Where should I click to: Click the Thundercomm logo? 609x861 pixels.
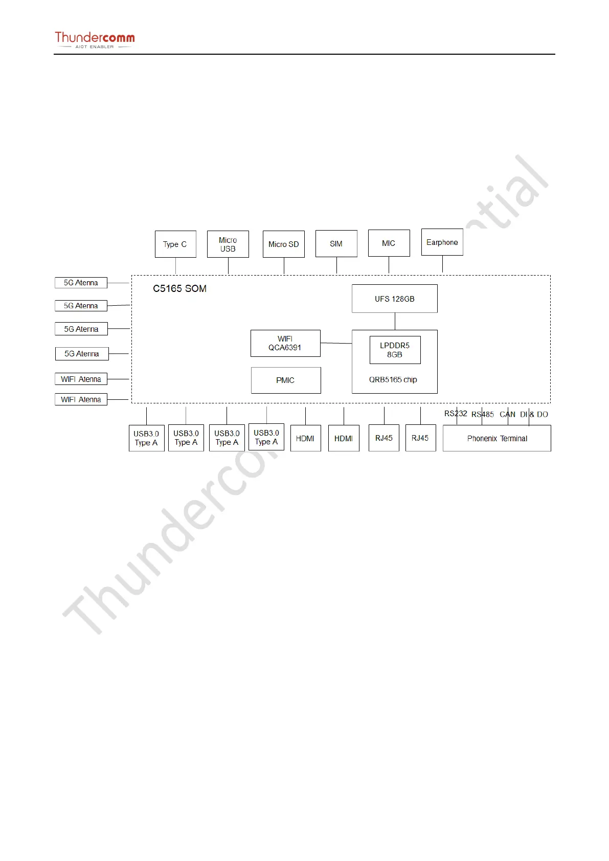(95, 39)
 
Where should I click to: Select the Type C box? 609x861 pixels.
(175, 244)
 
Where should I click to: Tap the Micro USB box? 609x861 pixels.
(228, 244)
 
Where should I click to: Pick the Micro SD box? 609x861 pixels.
(284, 244)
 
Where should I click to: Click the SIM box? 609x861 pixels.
(336, 244)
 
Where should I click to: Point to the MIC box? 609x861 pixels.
(389, 243)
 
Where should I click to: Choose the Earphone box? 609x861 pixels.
(442, 242)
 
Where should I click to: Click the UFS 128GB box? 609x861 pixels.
(395, 299)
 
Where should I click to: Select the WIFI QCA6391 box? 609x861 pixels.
(285, 343)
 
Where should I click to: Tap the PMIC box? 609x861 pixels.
(286, 380)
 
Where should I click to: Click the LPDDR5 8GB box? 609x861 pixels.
(395, 350)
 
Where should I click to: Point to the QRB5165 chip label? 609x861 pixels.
(393, 380)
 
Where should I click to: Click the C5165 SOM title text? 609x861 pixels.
(180, 289)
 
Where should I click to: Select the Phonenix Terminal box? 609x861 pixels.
(497, 439)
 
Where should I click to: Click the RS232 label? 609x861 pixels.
(455, 414)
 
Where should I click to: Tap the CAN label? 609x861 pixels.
(507, 415)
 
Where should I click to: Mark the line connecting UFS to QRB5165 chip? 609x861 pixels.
(395, 321)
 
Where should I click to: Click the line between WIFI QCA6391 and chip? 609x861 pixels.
(336, 343)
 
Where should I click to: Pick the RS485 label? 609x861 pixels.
(483, 415)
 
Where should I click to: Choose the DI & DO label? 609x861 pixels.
(534, 415)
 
